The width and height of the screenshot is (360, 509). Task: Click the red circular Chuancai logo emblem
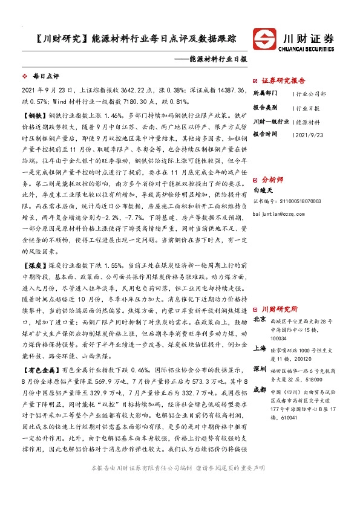click(x=264, y=37)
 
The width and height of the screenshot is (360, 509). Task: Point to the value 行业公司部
click(x=312, y=94)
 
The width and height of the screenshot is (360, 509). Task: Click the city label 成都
click(x=260, y=391)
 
